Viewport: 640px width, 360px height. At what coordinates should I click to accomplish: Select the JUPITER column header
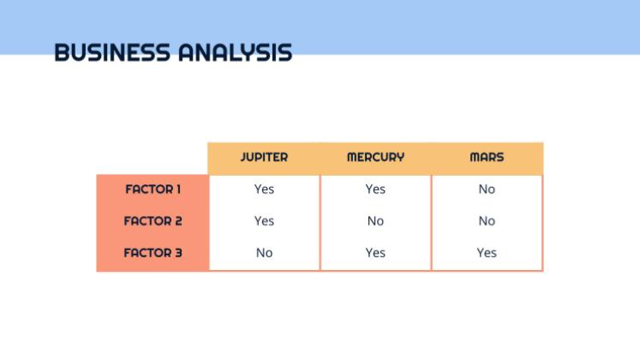(x=264, y=158)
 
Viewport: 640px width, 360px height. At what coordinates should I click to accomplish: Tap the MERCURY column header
(x=375, y=158)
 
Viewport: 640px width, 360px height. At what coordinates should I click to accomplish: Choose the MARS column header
(x=487, y=158)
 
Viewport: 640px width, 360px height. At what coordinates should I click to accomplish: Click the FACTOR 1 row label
(x=153, y=189)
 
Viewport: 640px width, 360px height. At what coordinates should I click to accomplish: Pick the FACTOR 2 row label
(x=153, y=221)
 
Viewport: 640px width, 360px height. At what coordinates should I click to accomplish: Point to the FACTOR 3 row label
(x=153, y=253)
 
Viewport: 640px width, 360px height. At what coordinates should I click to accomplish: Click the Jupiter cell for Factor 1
(x=264, y=189)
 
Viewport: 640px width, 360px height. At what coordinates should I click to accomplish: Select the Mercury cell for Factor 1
(x=375, y=189)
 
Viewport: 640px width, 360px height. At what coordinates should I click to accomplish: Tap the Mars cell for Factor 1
(x=487, y=189)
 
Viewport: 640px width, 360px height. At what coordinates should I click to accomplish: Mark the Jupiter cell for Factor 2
(x=264, y=221)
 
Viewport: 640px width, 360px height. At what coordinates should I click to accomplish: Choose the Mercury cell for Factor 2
(x=375, y=221)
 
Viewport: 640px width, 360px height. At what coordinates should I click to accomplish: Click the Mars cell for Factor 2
(x=487, y=221)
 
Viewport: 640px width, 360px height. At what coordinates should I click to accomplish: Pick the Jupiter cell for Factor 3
(x=264, y=253)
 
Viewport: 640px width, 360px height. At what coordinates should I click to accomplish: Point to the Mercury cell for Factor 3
(x=375, y=253)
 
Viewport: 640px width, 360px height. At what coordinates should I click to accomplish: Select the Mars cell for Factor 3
(x=487, y=253)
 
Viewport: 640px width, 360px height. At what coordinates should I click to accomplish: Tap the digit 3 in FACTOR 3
(x=178, y=253)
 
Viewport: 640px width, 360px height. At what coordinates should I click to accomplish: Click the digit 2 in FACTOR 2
(x=178, y=221)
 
